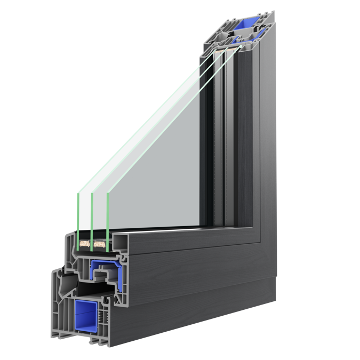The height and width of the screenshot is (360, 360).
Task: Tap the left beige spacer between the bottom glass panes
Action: pos(84,245)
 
